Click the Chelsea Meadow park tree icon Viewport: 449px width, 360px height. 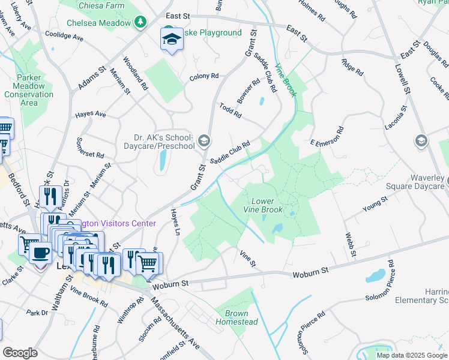tap(140, 23)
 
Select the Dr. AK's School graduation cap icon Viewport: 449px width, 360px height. tap(204, 141)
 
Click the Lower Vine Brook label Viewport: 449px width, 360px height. tap(262, 205)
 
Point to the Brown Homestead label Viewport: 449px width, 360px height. tap(241, 318)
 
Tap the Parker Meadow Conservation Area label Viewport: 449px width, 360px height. tap(29, 90)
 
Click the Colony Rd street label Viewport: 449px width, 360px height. tap(204, 77)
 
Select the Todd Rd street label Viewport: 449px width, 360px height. tap(230, 110)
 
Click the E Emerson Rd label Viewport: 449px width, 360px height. tap(327, 137)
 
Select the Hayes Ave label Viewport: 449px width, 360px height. tap(89, 114)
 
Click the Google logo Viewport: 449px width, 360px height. tap(20, 353)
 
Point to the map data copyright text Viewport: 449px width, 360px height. tap(411, 355)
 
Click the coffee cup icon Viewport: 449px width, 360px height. tap(41, 253)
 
